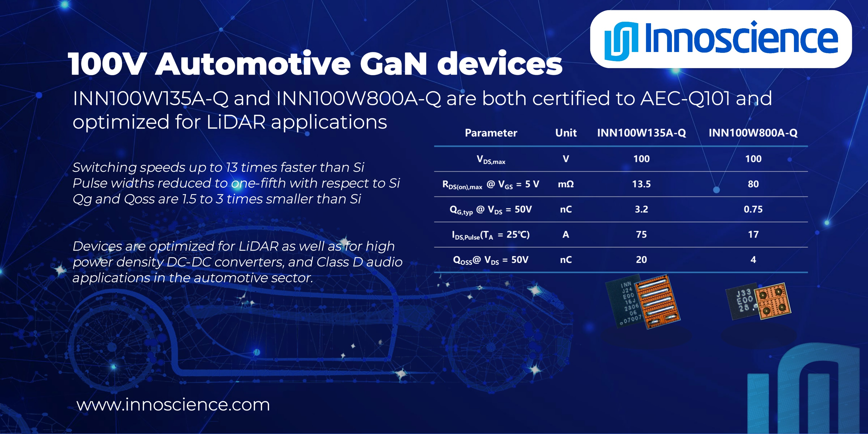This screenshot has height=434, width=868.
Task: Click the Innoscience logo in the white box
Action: (721, 39)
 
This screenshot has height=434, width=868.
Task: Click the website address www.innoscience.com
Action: (173, 404)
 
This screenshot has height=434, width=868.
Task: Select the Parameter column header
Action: (491, 133)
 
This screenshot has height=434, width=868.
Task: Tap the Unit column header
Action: (566, 133)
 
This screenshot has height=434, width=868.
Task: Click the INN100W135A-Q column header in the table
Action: (641, 133)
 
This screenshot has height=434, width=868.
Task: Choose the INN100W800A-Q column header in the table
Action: (753, 133)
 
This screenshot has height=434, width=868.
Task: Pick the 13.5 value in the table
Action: (641, 184)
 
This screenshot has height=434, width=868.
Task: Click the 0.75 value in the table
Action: (753, 209)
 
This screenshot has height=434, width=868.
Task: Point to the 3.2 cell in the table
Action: (641, 209)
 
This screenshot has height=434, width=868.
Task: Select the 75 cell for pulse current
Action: (641, 235)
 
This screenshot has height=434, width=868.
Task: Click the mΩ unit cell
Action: (566, 184)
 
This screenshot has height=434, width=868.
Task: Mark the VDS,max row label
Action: (491, 159)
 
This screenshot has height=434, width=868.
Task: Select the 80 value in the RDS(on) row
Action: (753, 184)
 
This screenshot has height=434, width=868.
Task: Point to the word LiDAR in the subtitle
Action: (236, 122)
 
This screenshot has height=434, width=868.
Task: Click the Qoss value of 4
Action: (753, 260)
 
